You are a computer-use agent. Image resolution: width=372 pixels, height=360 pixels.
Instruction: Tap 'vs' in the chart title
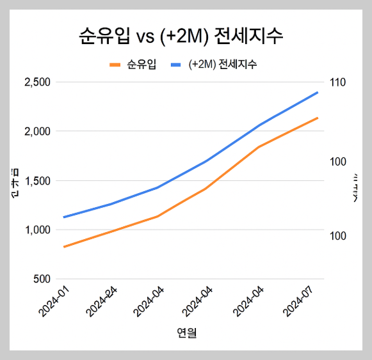[146, 36]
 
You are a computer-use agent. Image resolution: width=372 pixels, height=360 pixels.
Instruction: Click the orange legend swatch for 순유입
[115, 65]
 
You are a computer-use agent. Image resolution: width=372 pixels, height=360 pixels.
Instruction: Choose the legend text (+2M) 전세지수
[223, 65]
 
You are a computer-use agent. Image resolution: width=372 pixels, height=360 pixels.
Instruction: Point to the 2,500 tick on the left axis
[36, 82]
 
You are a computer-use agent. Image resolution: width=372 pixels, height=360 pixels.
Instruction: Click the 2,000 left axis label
[36, 131]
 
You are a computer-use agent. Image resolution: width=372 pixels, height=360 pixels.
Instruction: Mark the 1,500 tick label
[36, 180]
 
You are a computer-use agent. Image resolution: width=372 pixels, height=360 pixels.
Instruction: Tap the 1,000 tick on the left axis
[36, 230]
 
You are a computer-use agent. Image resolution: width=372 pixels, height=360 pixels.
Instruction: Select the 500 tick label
[42, 279]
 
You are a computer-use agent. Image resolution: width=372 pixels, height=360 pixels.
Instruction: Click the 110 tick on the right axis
[338, 82]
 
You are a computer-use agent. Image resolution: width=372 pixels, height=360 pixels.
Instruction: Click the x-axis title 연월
[186, 333]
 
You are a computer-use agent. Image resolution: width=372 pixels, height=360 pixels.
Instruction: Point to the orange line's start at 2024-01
[64, 247]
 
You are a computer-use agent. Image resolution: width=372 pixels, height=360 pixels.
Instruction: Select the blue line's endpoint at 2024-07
[318, 92]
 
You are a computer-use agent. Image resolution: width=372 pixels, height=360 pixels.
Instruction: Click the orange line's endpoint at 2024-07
[318, 118]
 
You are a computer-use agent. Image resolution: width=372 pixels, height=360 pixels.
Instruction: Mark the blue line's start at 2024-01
[64, 217]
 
